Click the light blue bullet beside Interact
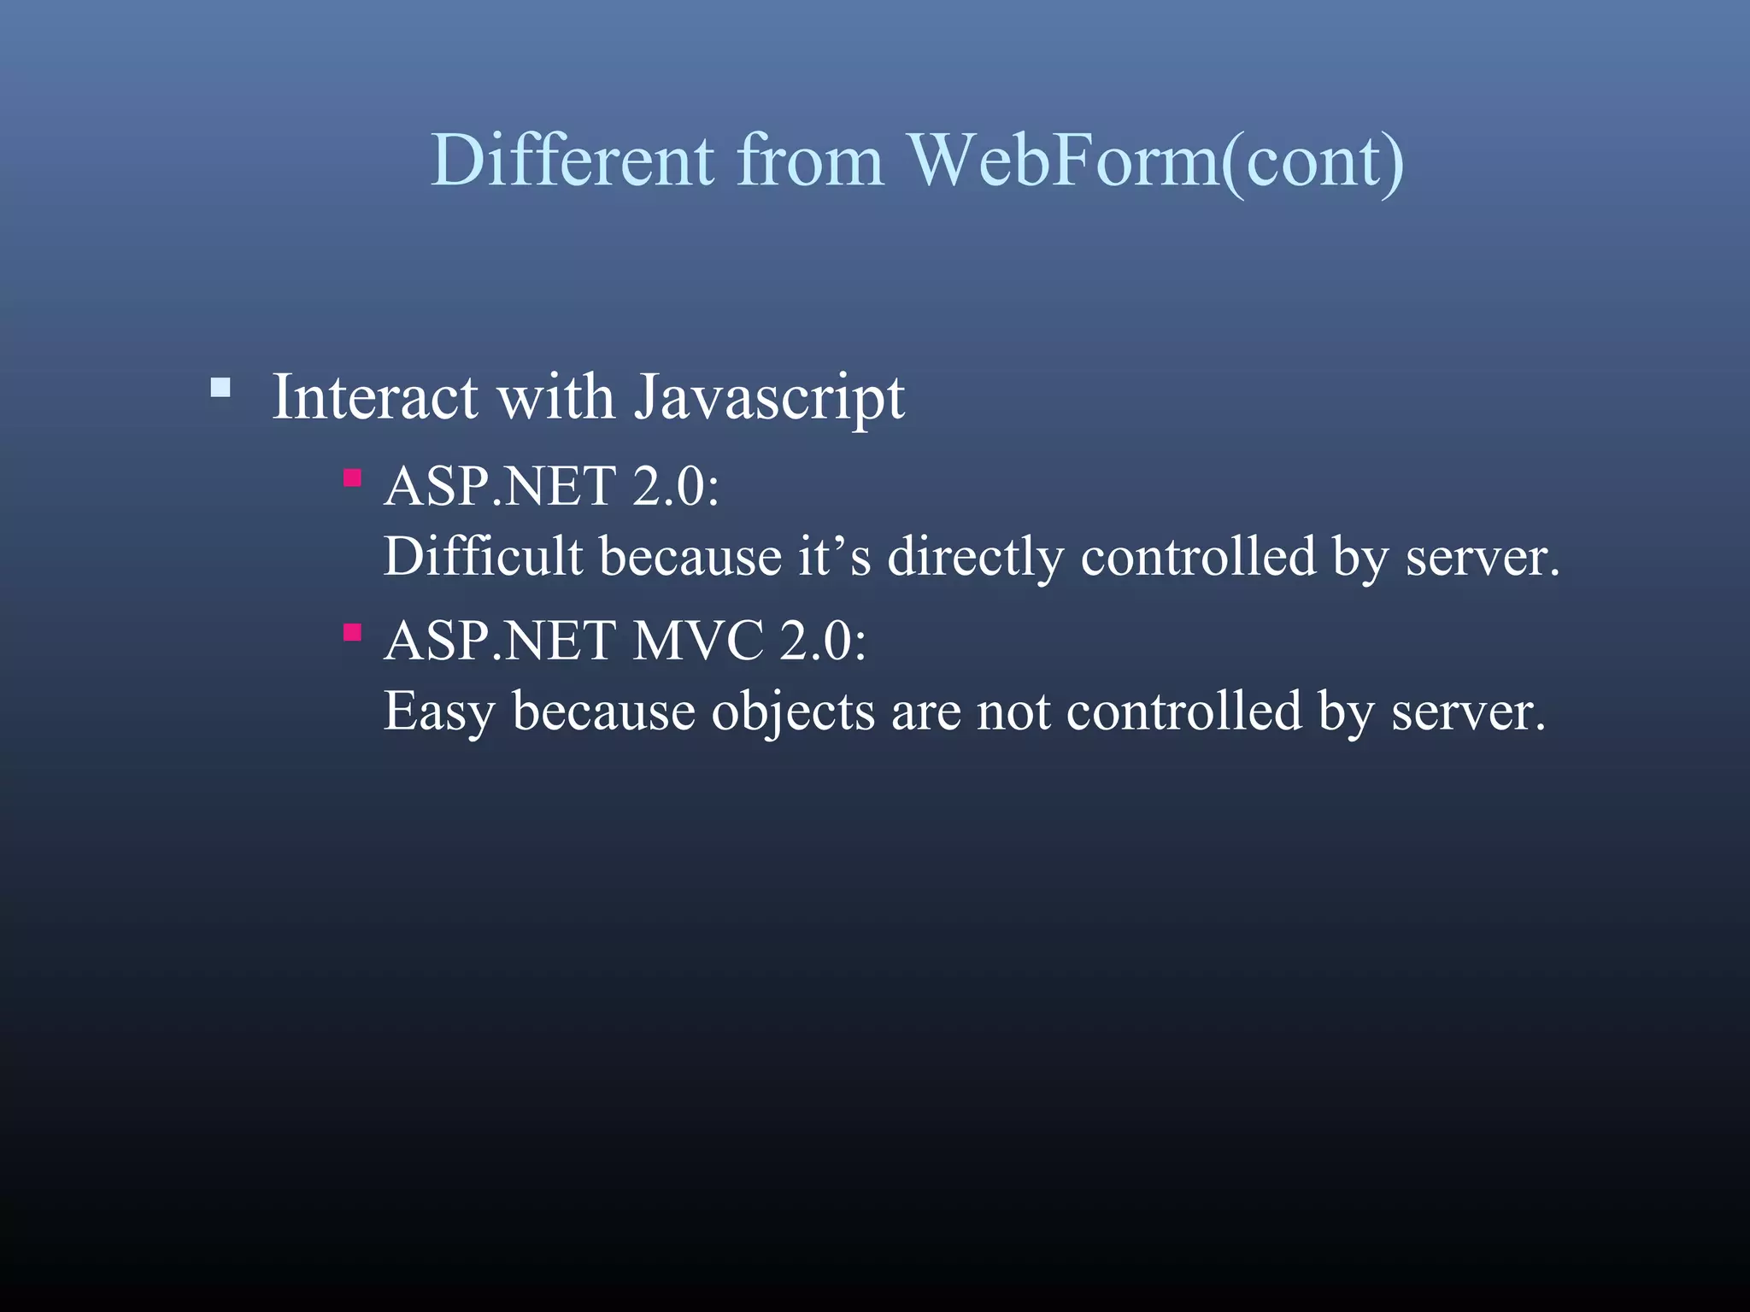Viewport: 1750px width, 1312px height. pyautogui.click(x=220, y=389)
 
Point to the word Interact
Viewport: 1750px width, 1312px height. pyautogui.click(x=374, y=397)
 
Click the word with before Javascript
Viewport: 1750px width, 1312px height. pyautogui.click(x=555, y=397)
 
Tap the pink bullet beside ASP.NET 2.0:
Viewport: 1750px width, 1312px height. pyautogui.click(x=352, y=477)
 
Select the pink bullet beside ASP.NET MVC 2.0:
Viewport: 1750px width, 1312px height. pyautogui.click(x=352, y=633)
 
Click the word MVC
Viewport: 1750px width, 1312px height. pyautogui.click(x=697, y=641)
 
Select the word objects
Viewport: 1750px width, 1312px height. pyautogui.click(x=793, y=712)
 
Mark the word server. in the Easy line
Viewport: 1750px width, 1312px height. pyautogui.click(x=1468, y=712)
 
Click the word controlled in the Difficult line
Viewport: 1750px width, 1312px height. pyautogui.click(x=1198, y=557)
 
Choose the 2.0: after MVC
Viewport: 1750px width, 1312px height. pyautogui.click(x=822, y=641)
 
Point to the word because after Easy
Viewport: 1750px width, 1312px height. pyautogui.click(x=603, y=712)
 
